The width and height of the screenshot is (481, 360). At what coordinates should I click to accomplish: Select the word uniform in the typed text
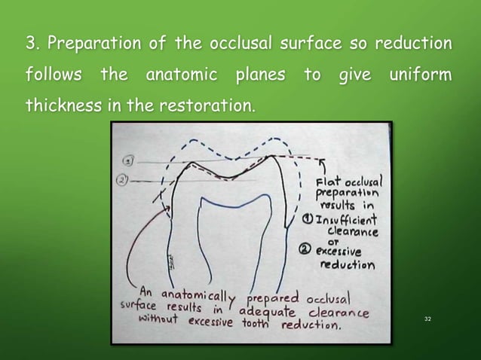click(x=421, y=76)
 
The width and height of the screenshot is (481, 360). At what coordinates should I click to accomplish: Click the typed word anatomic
click(x=180, y=76)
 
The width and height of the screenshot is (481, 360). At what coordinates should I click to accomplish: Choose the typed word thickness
click(x=63, y=108)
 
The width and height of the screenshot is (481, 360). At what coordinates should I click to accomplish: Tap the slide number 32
click(x=427, y=319)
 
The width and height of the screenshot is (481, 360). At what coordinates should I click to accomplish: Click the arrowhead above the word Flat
click(x=322, y=160)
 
